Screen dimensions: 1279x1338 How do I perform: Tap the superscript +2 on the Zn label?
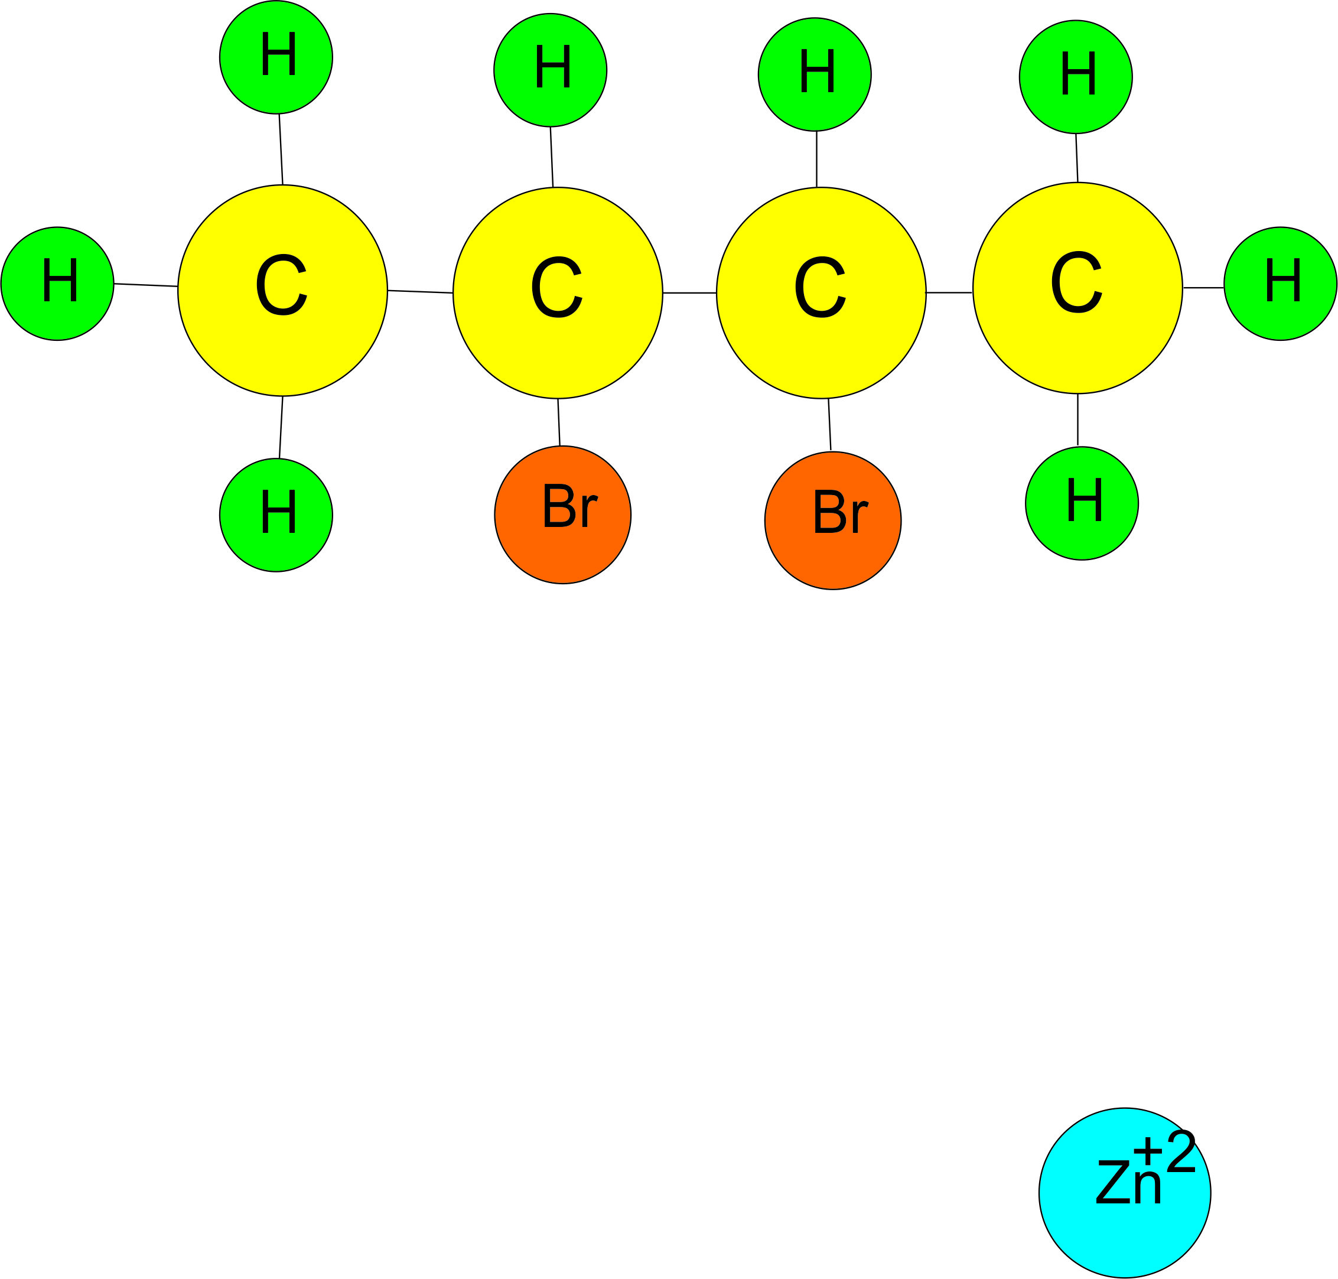click(1164, 1151)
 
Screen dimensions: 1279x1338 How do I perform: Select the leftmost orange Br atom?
click(562, 515)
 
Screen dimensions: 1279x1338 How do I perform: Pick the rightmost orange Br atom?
click(832, 520)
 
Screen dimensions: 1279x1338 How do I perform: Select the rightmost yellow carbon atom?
click(1077, 288)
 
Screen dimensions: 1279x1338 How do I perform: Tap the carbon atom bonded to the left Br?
click(558, 292)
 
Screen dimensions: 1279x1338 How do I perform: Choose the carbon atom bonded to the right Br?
click(821, 292)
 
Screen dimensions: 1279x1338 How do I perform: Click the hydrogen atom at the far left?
click(57, 283)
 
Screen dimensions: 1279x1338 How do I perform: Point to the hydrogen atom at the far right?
click(1280, 283)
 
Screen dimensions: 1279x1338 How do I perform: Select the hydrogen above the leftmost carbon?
click(276, 57)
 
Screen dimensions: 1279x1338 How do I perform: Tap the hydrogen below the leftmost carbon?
click(276, 515)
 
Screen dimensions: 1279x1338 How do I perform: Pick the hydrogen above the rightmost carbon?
click(1076, 76)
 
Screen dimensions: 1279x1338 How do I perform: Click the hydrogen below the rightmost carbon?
click(1082, 503)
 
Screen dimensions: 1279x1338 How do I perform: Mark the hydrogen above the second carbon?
click(550, 70)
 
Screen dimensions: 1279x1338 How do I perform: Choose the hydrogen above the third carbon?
click(815, 74)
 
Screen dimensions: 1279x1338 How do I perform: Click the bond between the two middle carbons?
click(689, 293)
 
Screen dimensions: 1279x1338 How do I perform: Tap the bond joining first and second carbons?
click(420, 292)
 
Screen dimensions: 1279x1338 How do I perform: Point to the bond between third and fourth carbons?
click(949, 292)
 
